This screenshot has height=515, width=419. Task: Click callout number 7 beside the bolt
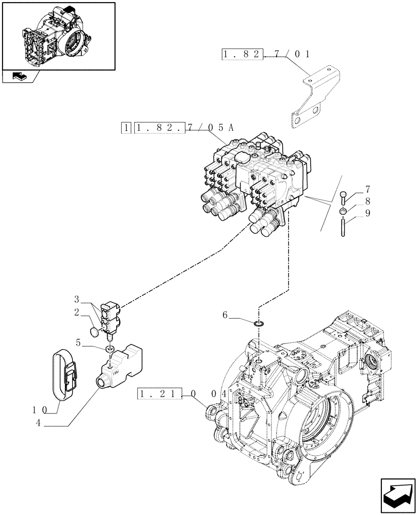(x=367, y=189)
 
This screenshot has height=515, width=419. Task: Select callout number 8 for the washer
(x=367, y=201)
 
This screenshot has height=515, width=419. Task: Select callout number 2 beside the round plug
(x=76, y=312)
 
